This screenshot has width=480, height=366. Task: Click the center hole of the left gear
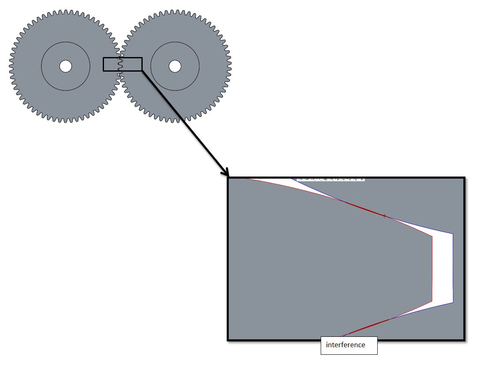65,66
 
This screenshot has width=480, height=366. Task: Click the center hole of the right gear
175,66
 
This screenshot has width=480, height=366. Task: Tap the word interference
345,345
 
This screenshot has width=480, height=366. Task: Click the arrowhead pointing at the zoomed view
226,173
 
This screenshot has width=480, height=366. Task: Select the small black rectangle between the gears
123,58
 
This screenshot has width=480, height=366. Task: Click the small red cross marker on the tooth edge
384,216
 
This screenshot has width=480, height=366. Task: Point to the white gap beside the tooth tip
443,269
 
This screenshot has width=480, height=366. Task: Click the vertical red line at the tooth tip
432,269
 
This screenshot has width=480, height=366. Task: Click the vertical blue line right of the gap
453,269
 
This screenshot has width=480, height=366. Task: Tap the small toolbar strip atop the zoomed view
331,179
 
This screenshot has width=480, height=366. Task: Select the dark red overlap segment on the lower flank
366,327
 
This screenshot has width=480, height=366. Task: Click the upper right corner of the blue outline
453,234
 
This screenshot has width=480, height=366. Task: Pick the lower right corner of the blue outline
453,302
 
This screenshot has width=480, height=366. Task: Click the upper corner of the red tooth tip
432,237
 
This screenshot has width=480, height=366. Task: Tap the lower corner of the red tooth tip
432,301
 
